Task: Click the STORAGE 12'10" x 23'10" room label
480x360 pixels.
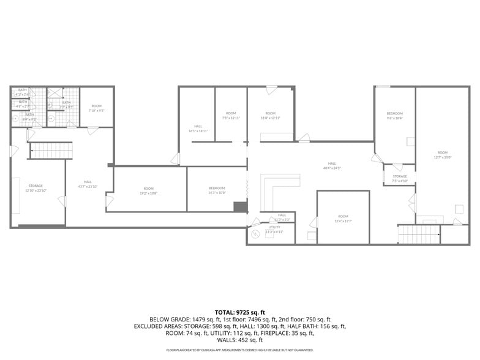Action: pyautogui.click(x=34, y=187)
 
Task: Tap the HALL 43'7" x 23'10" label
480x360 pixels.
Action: pyautogui.click(x=88, y=184)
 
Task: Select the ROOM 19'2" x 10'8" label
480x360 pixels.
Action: pyautogui.click(x=149, y=190)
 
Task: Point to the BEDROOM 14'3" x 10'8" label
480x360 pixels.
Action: pyautogui.click(x=217, y=190)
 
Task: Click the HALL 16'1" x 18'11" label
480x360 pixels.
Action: pyautogui.click(x=198, y=128)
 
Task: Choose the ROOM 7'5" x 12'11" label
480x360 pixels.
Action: pyautogui.click(x=231, y=115)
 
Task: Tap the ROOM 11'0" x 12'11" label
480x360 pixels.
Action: pyautogui.click(x=271, y=115)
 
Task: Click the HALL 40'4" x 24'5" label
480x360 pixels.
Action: pyautogui.click(x=332, y=165)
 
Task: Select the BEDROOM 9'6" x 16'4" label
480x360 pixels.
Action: pyautogui.click(x=395, y=116)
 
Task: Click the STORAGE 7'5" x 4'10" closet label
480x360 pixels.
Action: pyautogui.click(x=400, y=178)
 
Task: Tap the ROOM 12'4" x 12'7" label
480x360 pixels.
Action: pyautogui.click(x=343, y=218)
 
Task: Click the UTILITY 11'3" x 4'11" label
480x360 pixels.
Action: pyautogui.click(x=274, y=229)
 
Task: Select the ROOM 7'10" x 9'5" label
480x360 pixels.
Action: pyautogui.click(x=96, y=108)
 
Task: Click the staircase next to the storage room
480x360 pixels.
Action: pyautogui.click(x=51, y=151)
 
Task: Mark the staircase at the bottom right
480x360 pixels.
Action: pyautogui.click(x=419, y=234)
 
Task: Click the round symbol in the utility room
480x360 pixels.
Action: pyautogui.click(x=255, y=234)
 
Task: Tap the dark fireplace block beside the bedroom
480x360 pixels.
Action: pyautogui.click(x=241, y=206)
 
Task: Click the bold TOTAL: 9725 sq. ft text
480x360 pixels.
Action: pyautogui.click(x=240, y=313)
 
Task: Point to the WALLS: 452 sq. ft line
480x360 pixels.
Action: pyautogui.click(x=240, y=340)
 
